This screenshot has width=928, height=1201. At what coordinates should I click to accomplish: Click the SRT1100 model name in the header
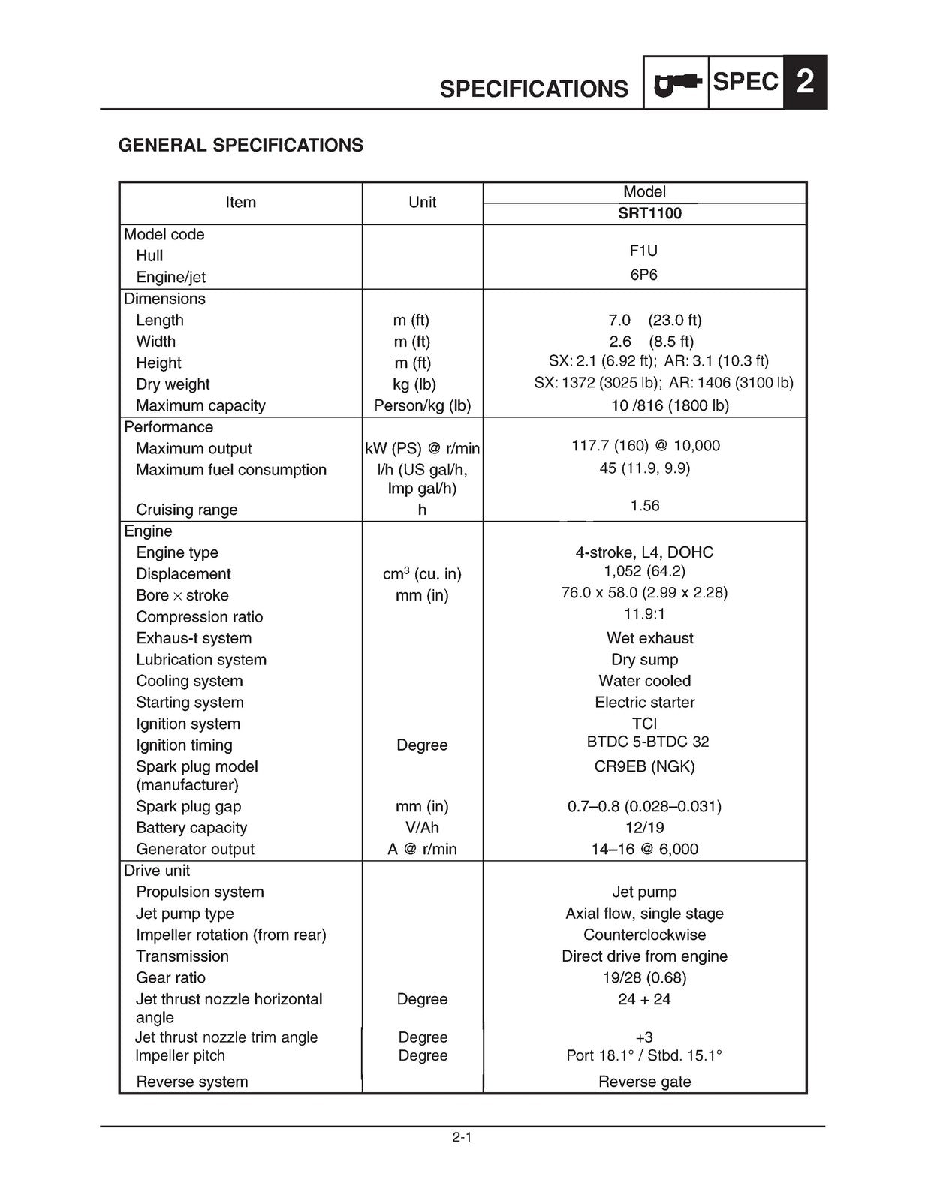644,213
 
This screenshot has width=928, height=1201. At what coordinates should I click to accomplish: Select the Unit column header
422,202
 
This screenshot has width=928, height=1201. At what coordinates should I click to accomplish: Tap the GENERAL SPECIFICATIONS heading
241,145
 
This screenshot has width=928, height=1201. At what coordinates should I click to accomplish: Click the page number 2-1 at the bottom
462,1137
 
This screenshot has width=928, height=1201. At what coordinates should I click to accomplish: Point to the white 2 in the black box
805,82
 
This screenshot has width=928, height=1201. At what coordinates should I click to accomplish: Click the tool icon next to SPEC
676,83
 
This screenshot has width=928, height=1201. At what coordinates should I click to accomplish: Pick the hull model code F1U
643,251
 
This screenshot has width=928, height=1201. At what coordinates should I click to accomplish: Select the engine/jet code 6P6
643,275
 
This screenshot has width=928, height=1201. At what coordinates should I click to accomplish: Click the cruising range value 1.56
644,505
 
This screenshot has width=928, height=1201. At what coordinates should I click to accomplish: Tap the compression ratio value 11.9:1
644,613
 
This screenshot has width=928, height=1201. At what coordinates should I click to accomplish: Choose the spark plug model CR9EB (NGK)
644,766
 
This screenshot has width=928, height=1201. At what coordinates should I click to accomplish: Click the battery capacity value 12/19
644,827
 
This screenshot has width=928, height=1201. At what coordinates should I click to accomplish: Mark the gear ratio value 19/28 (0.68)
644,977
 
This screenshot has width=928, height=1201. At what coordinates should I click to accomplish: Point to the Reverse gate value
644,1082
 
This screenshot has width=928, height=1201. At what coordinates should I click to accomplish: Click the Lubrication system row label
201,659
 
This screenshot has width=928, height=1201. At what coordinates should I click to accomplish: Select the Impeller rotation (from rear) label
230,935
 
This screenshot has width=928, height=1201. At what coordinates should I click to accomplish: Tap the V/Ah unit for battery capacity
422,827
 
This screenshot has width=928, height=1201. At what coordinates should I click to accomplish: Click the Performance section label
168,426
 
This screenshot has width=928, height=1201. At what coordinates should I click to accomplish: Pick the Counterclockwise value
644,935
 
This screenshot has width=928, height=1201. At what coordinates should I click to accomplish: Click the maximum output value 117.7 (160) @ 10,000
645,445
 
